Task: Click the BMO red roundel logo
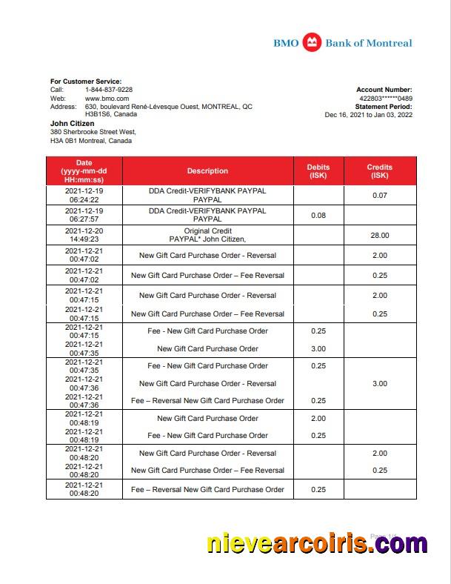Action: (x=313, y=43)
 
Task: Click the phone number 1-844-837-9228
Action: (x=109, y=90)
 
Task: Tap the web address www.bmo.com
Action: (x=107, y=98)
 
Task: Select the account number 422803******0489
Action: (x=385, y=98)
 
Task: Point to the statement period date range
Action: (x=368, y=115)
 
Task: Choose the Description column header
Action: (x=207, y=171)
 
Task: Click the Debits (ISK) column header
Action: (x=318, y=171)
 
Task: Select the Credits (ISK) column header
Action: (x=379, y=171)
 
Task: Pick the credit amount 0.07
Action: (x=379, y=196)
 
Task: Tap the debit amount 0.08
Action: (x=318, y=216)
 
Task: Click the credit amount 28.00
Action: (x=379, y=235)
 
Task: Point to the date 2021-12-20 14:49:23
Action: (x=84, y=235)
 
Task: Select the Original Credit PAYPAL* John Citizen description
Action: (x=207, y=235)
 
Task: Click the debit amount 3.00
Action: (x=318, y=349)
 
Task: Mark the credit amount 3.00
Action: (x=379, y=384)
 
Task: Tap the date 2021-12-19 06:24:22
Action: (x=84, y=196)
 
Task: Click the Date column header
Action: (x=84, y=171)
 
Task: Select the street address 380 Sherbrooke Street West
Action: (x=93, y=132)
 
